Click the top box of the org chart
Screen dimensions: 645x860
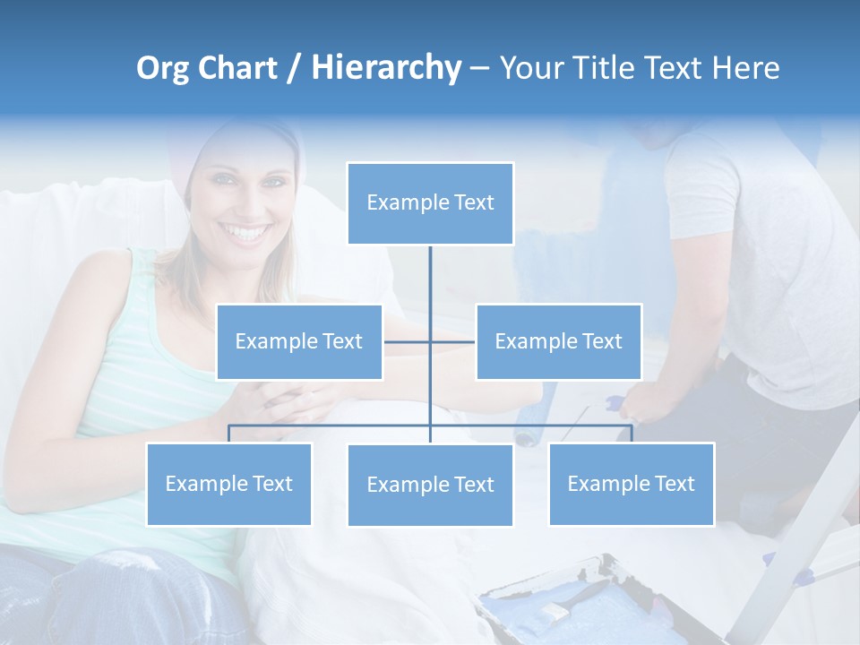click(x=430, y=203)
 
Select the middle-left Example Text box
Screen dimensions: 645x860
click(x=299, y=341)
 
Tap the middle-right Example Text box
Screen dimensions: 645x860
click(x=558, y=341)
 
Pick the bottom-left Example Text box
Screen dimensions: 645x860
click(x=228, y=484)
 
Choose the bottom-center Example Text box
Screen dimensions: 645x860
click(x=430, y=485)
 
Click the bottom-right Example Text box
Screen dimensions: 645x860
click(x=631, y=484)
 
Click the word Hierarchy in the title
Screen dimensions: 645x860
click(x=385, y=68)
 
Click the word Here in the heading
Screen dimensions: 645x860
click(x=745, y=68)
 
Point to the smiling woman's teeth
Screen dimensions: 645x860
click(x=246, y=234)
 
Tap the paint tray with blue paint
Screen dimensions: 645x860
click(x=573, y=605)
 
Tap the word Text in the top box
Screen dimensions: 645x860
click(x=474, y=202)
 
